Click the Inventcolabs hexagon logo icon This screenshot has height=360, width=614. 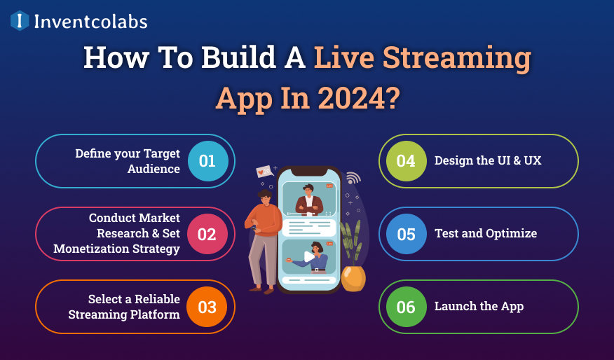(20, 21)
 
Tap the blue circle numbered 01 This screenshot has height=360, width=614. (207, 161)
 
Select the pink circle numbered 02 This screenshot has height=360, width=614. (207, 234)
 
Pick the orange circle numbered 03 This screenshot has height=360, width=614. (207, 307)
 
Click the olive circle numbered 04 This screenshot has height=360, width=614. (407, 161)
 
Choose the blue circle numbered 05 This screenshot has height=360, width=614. (407, 234)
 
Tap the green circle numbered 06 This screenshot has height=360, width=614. (407, 307)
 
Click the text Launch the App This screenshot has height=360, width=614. (479, 306)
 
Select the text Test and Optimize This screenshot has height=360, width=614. (486, 233)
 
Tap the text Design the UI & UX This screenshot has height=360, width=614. (488, 160)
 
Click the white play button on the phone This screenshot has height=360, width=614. (309, 256)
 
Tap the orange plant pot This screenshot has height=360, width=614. (353, 278)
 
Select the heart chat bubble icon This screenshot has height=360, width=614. (264, 170)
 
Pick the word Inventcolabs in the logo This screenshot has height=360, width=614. (90, 22)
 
